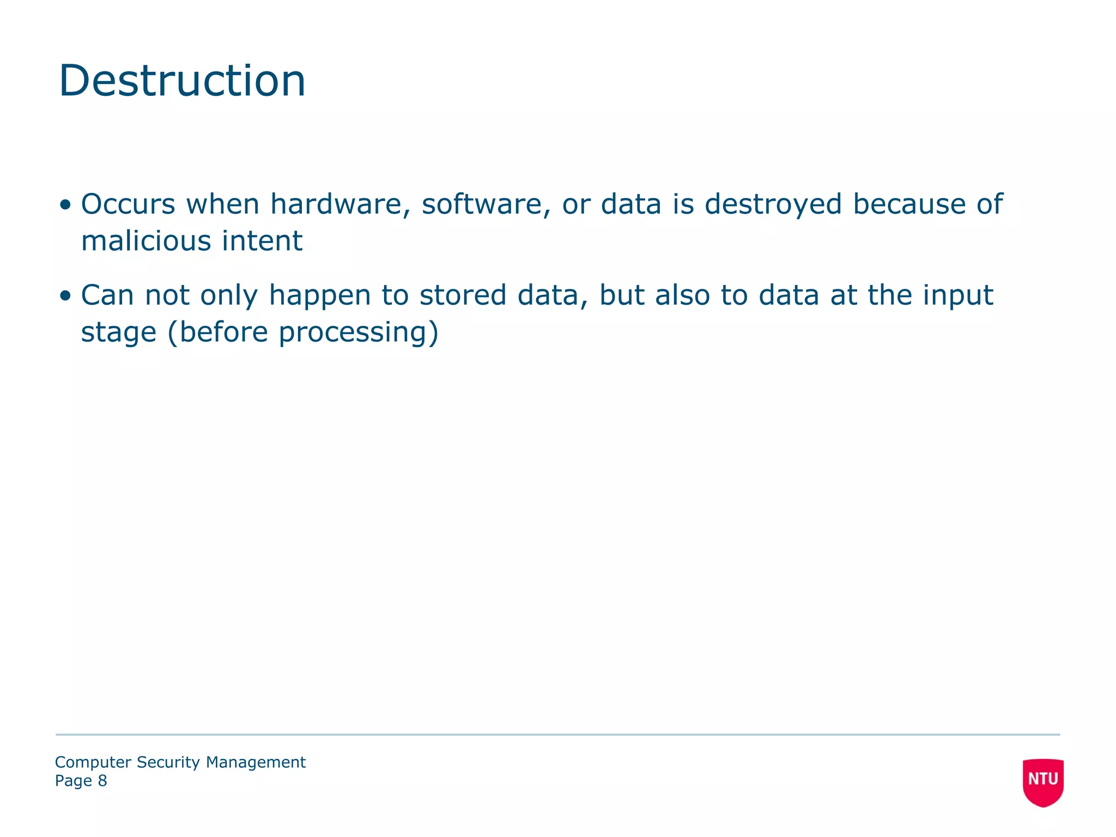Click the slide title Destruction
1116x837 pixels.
pos(182,81)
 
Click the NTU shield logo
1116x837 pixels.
pos(1043,781)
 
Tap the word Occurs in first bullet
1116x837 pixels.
pos(128,204)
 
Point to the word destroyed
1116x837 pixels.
pos(773,204)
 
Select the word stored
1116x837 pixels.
pos(463,295)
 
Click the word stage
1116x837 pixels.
pos(119,333)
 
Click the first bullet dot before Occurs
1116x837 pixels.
pos(66,205)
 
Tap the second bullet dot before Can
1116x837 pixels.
pos(66,296)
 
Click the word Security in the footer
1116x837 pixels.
pos(168,762)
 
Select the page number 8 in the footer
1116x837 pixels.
pos(102,781)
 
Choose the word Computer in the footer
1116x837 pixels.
pos(93,762)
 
